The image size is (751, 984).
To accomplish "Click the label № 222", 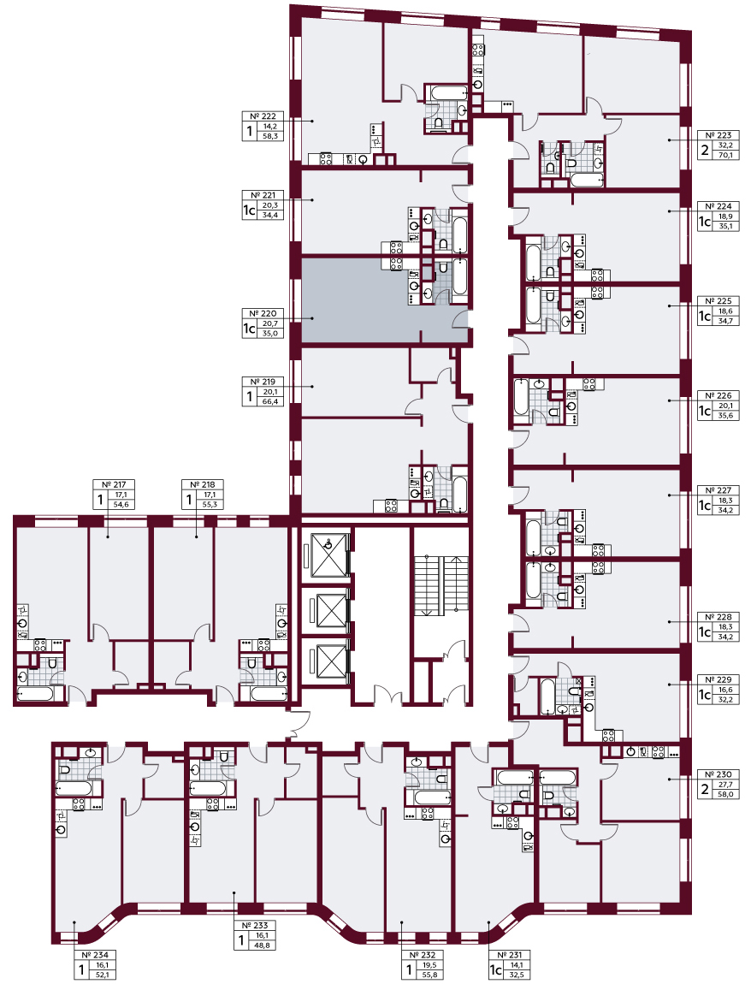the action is [x=263, y=116].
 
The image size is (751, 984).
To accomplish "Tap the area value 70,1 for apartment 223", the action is [x=726, y=154].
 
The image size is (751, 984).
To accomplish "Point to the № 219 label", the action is [x=263, y=382].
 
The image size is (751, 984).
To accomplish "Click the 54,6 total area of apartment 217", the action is [x=121, y=504].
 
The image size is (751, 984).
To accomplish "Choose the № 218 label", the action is [x=202, y=484].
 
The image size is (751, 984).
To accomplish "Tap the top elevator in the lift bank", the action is [x=328, y=554].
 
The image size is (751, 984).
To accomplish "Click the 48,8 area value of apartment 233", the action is [x=263, y=945].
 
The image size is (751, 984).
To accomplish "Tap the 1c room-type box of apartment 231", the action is [x=495, y=970].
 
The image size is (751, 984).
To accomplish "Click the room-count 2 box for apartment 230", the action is [x=705, y=790].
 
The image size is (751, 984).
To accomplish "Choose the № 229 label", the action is [x=718, y=680].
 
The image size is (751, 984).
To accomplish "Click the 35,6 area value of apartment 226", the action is [x=726, y=416].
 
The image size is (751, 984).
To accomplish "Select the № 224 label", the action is [x=718, y=206].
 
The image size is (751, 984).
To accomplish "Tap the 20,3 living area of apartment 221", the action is [x=270, y=205].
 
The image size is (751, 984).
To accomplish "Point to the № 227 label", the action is [x=718, y=490].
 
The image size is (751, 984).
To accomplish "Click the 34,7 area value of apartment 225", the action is [x=726, y=321].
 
